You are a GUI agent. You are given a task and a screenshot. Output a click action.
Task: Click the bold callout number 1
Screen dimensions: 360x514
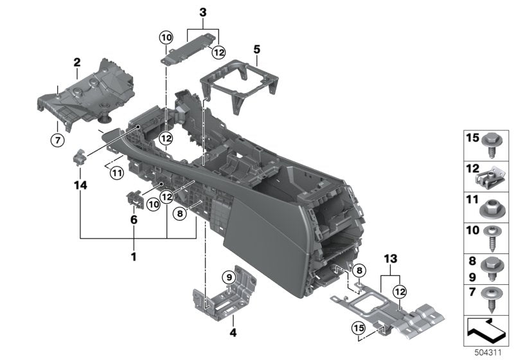tap(134, 256)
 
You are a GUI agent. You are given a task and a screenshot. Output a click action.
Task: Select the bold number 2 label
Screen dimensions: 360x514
tap(76, 62)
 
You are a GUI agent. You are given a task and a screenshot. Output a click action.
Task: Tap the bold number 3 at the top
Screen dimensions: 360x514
tap(203, 13)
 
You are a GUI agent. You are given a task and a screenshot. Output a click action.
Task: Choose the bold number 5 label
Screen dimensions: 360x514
tap(256, 49)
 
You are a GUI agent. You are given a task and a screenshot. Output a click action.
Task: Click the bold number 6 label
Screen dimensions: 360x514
tap(134, 219)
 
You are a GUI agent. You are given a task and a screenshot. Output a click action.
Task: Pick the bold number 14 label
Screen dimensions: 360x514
tap(80, 185)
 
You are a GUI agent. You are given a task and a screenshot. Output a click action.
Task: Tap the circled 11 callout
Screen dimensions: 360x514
tap(116, 172)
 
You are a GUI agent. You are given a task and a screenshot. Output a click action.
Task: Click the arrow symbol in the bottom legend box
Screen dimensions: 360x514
tap(486, 331)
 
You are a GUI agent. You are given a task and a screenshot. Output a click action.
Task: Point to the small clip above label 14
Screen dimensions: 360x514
tap(80, 157)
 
